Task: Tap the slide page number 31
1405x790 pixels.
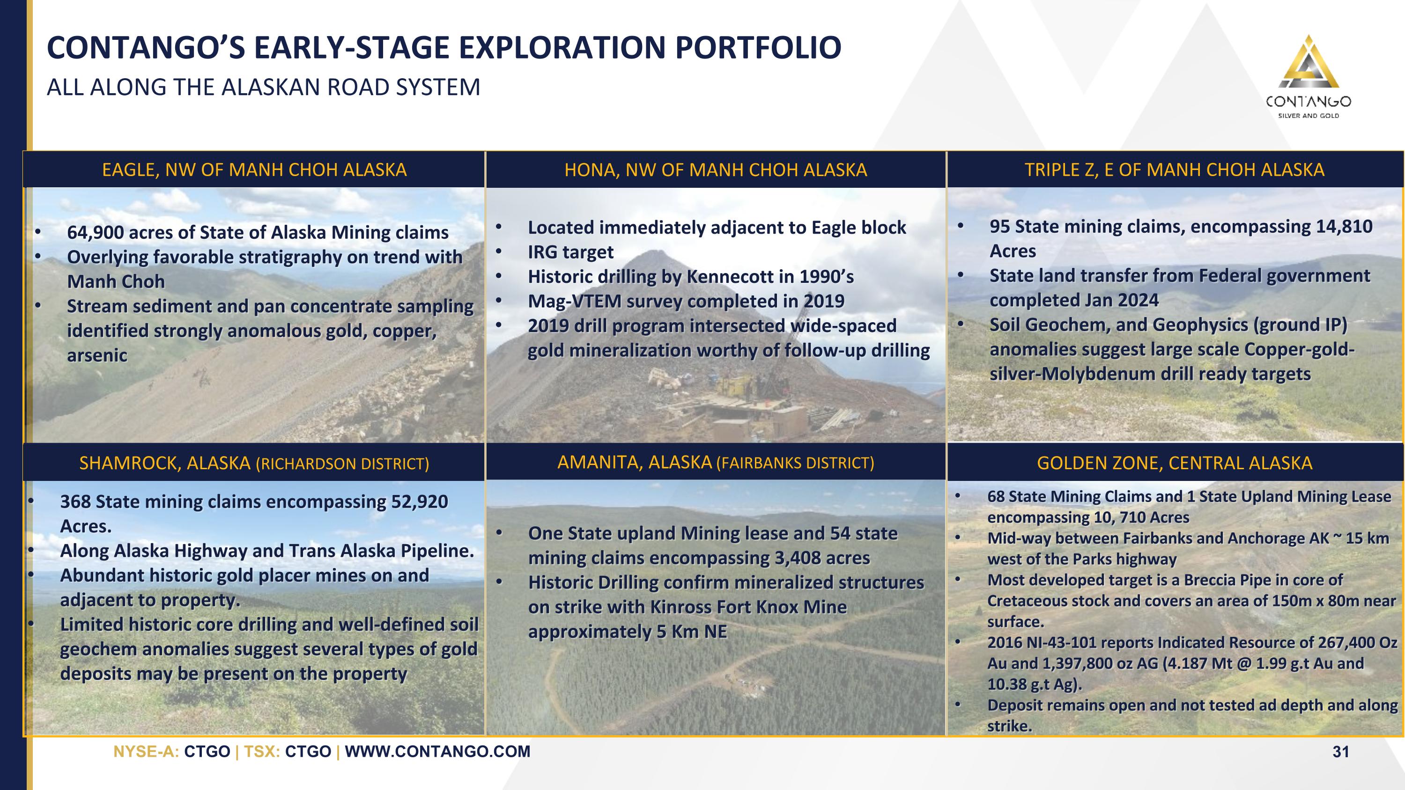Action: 1341,752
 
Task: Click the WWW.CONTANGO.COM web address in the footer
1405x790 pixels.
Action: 437,751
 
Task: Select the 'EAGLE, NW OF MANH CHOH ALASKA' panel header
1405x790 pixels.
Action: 254,170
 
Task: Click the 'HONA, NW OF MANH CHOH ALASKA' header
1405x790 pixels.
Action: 716,170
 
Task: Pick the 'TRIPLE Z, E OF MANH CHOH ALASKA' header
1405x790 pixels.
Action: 1174,170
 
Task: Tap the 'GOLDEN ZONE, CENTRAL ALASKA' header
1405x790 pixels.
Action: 1174,463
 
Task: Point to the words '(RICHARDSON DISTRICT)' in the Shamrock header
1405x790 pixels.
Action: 342,464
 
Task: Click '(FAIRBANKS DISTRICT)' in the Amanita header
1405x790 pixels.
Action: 795,463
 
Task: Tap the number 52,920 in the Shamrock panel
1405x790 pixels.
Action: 420,501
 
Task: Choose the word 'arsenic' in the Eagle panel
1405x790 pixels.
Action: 97,355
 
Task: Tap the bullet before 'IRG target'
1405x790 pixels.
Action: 498,251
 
